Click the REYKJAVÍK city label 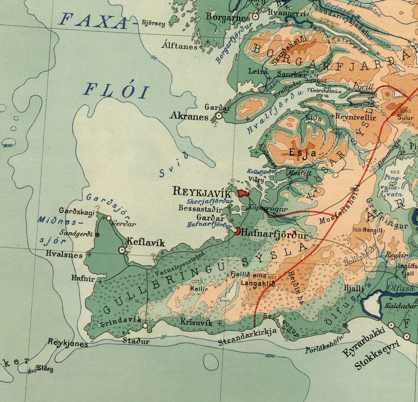(x=202, y=191)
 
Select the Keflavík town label (x=146, y=242)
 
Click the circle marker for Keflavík (x=122, y=250)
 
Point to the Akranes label (x=189, y=116)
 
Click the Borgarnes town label (x=229, y=17)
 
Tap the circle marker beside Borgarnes (x=255, y=16)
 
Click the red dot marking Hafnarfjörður (x=238, y=231)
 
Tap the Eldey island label (x=45, y=369)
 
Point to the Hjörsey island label (x=153, y=23)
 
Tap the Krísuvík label (x=196, y=322)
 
